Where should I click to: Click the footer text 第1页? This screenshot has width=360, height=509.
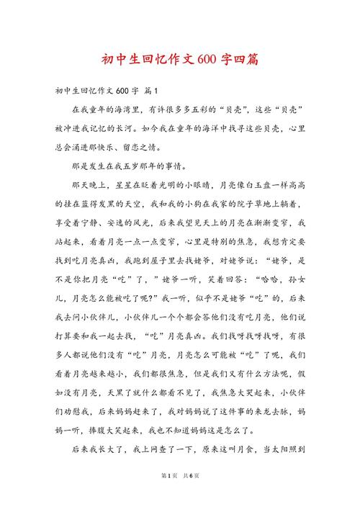(160, 495)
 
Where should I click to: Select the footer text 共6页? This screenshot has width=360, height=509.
(190, 495)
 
